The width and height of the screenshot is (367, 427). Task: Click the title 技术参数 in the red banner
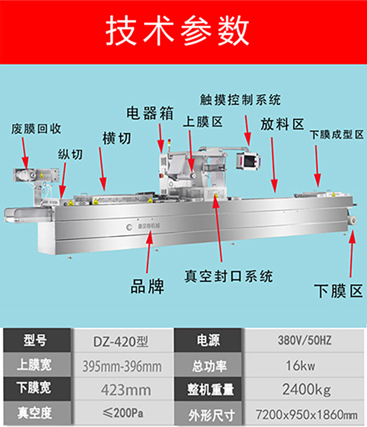tap(178, 30)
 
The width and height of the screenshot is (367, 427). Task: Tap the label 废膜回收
tap(36, 129)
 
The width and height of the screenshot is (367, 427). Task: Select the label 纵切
tap(70, 155)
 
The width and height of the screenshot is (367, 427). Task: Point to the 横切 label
tap(117, 139)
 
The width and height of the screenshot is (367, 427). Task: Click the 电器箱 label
tap(150, 113)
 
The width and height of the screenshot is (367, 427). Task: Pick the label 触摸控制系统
tap(240, 100)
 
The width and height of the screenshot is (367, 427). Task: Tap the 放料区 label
tap(282, 124)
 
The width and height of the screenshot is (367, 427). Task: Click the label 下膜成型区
tap(337, 134)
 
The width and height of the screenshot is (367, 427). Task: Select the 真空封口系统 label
tap(228, 276)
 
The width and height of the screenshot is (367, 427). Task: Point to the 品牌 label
tap(147, 286)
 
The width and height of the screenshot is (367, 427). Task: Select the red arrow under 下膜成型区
tap(317, 166)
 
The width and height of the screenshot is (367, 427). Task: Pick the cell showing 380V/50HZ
tap(305, 340)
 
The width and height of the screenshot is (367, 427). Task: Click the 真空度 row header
tap(34, 413)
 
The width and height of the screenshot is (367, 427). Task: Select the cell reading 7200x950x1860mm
tap(306, 415)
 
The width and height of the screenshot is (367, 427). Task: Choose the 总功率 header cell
tap(209, 366)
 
